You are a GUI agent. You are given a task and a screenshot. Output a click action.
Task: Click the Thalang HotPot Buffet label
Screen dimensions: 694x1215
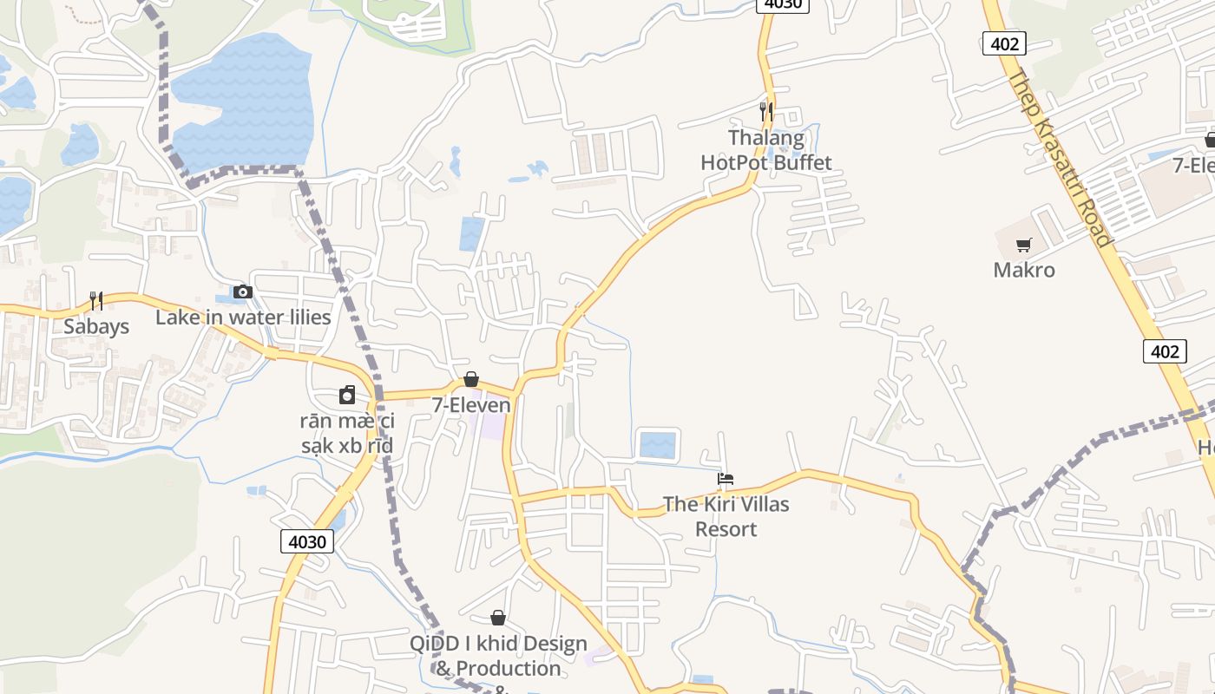[x=765, y=150]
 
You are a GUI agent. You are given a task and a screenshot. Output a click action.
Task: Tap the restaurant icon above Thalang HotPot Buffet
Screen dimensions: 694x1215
[x=765, y=111]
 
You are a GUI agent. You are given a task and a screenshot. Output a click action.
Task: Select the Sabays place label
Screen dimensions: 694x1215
[x=96, y=326]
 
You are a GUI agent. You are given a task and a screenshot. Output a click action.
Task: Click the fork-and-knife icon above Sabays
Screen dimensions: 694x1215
[x=96, y=301]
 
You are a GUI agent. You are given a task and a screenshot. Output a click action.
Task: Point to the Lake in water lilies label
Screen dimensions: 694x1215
[x=243, y=318]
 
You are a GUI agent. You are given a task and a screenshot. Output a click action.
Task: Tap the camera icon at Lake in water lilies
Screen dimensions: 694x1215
[x=243, y=292]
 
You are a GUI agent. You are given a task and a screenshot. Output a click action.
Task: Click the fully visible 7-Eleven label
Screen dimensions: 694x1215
[x=471, y=405]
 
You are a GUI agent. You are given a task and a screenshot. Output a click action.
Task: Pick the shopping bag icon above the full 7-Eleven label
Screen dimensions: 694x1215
[x=471, y=379]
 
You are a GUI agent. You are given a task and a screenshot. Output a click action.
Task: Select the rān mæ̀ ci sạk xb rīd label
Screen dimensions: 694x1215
[x=347, y=434]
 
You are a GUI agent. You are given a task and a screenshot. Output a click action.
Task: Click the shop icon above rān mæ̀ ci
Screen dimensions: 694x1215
[x=347, y=396]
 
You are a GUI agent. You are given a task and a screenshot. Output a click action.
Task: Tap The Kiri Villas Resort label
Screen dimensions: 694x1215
[x=726, y=516]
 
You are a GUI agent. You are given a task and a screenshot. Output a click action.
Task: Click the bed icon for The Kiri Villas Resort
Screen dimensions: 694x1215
[x=726, y=479]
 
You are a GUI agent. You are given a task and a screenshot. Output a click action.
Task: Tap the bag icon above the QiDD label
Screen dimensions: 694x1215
[x=498, y=618]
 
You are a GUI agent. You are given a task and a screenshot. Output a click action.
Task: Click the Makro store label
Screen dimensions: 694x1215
[x=1024, y=270]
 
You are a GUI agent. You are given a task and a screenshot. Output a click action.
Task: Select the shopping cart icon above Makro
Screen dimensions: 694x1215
[x=1024, y=245]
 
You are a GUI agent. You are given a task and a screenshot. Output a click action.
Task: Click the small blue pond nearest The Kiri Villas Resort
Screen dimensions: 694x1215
[x=657, y=444]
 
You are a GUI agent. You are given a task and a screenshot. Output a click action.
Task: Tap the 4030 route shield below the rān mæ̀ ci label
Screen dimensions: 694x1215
[x=307, y=542]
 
